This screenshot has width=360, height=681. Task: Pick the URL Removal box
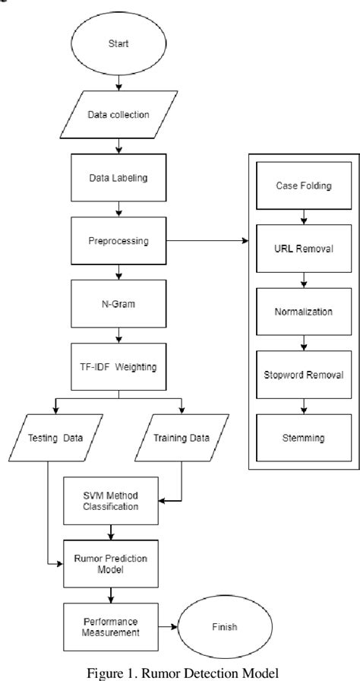[302, 249]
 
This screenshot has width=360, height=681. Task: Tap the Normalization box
[302, 312]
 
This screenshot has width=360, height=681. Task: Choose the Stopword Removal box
[302, 375]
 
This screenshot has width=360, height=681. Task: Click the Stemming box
[302, 438]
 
